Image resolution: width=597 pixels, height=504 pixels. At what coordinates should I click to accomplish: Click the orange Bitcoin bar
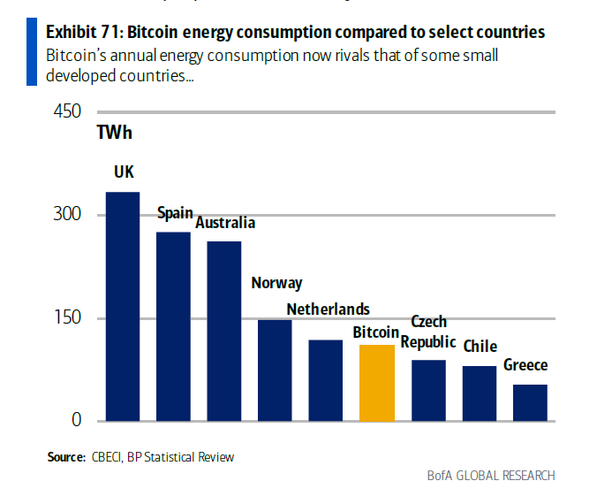point(377,383)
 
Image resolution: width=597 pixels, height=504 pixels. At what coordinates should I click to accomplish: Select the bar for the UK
point(123,306)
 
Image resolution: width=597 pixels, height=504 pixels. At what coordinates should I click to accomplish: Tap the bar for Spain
point(173,325)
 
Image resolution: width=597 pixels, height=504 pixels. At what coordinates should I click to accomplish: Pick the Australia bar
point(224,330)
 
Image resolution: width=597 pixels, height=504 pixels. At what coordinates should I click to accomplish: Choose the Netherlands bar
point(326,379)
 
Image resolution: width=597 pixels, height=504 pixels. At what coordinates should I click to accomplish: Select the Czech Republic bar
point(428,390)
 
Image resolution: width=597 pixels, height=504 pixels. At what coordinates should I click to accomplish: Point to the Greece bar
point(530,402)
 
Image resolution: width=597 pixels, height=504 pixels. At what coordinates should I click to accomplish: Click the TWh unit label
point(115,134)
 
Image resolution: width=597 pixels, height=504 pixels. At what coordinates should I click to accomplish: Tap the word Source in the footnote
point(66,457)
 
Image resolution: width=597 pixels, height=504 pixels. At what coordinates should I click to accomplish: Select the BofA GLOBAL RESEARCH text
point(491,477)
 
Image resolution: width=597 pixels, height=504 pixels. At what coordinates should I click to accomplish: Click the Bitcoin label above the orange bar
point(376,332)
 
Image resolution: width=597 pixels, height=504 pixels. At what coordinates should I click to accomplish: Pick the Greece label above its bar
point(525,365)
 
